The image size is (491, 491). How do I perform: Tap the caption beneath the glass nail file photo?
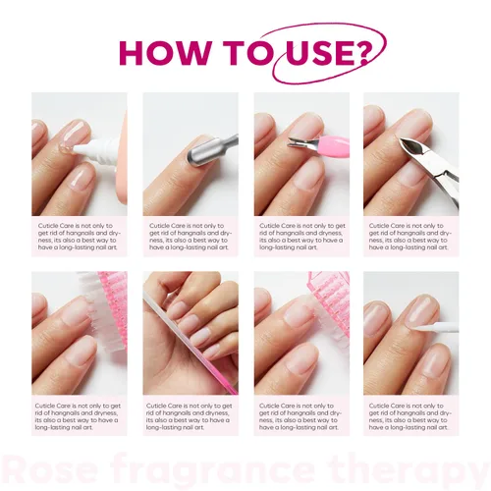tap(191, 414)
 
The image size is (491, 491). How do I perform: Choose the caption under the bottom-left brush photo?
tap(79, 414)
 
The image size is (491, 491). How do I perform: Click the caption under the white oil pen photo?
tap(411, 414)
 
